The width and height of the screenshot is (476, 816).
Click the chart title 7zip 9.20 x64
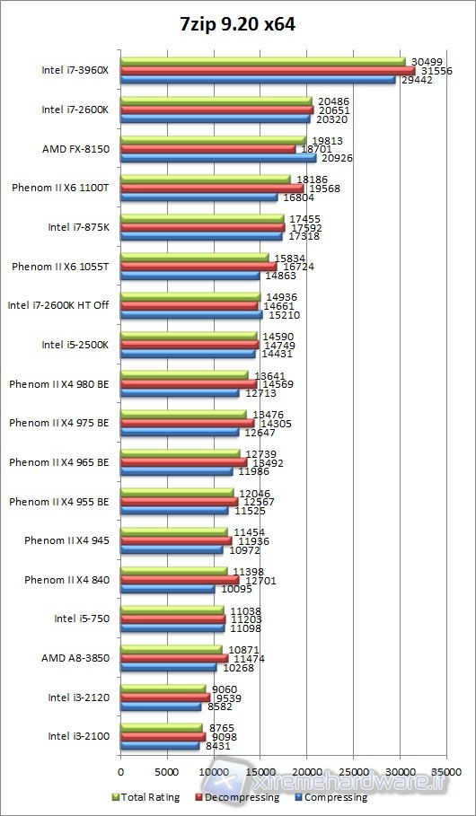[x=237, y=25]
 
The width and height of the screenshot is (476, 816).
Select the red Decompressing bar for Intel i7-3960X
[x=268, y=70]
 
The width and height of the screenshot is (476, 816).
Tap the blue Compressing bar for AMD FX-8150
[x=218, y=157]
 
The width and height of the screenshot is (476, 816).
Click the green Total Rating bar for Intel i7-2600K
[x=216, y=101]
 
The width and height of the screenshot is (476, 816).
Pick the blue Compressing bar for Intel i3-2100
[x=160, y=745]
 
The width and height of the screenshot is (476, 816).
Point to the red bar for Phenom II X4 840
[x=180, y=580]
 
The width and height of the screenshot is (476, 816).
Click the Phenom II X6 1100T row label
[x=60, y=188]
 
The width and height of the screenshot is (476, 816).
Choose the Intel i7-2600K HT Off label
[x=58, y=305]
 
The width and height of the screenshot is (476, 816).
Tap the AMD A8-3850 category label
[x=75, y=658]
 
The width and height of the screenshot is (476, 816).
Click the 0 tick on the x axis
[x=120, y=770]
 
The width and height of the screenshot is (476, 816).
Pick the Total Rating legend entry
[x=148, y=797]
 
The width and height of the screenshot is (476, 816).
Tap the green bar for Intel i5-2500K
[x=189, y=336]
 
